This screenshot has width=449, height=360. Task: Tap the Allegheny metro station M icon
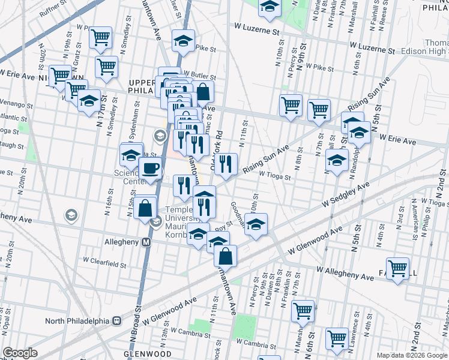pyautogui.click(x=145, y=242)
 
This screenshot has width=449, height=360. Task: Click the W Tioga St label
pyautogui.click(x=275, y=176)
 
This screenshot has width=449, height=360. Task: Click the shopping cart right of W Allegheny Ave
pyautogui.click(x=397, y=269)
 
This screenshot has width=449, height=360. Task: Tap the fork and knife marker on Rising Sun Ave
pyautogui.click(x=226, y=164)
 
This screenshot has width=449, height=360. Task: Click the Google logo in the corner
pyautogui.click(x=20, y=353)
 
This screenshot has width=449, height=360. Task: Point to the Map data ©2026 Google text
pyautogui.click(x=412, y=355)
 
